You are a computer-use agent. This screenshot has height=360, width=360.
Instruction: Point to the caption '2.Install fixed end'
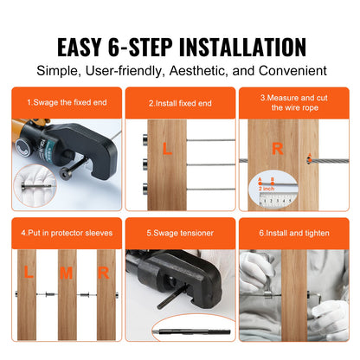179,103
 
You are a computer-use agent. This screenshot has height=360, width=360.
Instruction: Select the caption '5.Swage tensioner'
179,233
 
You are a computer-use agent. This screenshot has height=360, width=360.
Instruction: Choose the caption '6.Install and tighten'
293,233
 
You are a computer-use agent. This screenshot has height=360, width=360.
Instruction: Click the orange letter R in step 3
278,147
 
